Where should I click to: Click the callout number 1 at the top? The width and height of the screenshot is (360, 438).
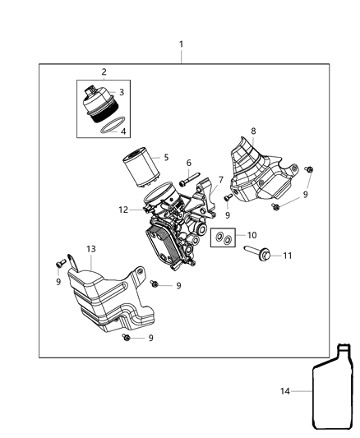tap(181, 44)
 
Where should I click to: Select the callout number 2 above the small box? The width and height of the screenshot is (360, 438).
tap(104, 72)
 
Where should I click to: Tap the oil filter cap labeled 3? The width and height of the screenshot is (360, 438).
tap(101, 104)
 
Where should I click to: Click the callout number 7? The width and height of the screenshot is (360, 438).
tap(219, 180)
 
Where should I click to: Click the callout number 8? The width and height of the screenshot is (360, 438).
tap(253, 131)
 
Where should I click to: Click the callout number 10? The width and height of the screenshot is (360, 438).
tap(252, 236)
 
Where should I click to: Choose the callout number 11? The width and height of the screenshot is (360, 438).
tap(288, 256)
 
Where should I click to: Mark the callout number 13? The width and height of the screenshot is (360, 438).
tap(90, 248)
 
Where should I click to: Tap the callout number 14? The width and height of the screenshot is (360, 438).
tap(285, 392)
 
